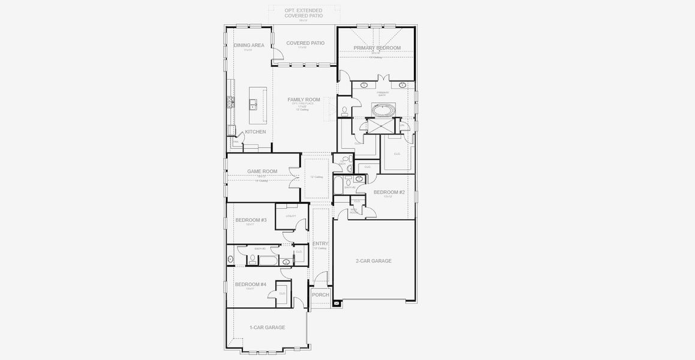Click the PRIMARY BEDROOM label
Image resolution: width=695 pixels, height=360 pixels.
tap(377, 48)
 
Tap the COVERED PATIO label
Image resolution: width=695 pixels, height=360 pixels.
tap(305, 43)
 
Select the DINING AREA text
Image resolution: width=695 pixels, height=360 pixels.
tap(249, 46)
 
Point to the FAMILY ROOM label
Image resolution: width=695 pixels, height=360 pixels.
tap(303, 100)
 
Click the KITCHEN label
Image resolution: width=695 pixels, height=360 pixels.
tap(255, 132)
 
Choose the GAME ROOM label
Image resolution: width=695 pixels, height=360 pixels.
tap(262, 172)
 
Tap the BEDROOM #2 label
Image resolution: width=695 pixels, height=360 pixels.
tap(389, 193)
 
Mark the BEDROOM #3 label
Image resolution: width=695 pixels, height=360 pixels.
tap(251, 220)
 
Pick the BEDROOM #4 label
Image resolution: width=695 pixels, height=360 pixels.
tap(250, 284)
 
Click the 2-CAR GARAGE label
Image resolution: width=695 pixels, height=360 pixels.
tap(373, 261)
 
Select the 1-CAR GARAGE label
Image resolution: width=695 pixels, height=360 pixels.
tap(267, 328)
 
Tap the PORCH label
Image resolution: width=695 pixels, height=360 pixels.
tap(320, 295)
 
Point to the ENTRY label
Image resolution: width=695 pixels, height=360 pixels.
tap(320, 244)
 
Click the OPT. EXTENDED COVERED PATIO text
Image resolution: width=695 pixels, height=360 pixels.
tap(303, 13)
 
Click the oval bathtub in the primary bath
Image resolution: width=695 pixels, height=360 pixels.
tap(382, 110)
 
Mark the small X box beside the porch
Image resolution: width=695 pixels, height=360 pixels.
tap(336, 303)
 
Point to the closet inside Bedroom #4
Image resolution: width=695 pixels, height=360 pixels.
tap(282, 293)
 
